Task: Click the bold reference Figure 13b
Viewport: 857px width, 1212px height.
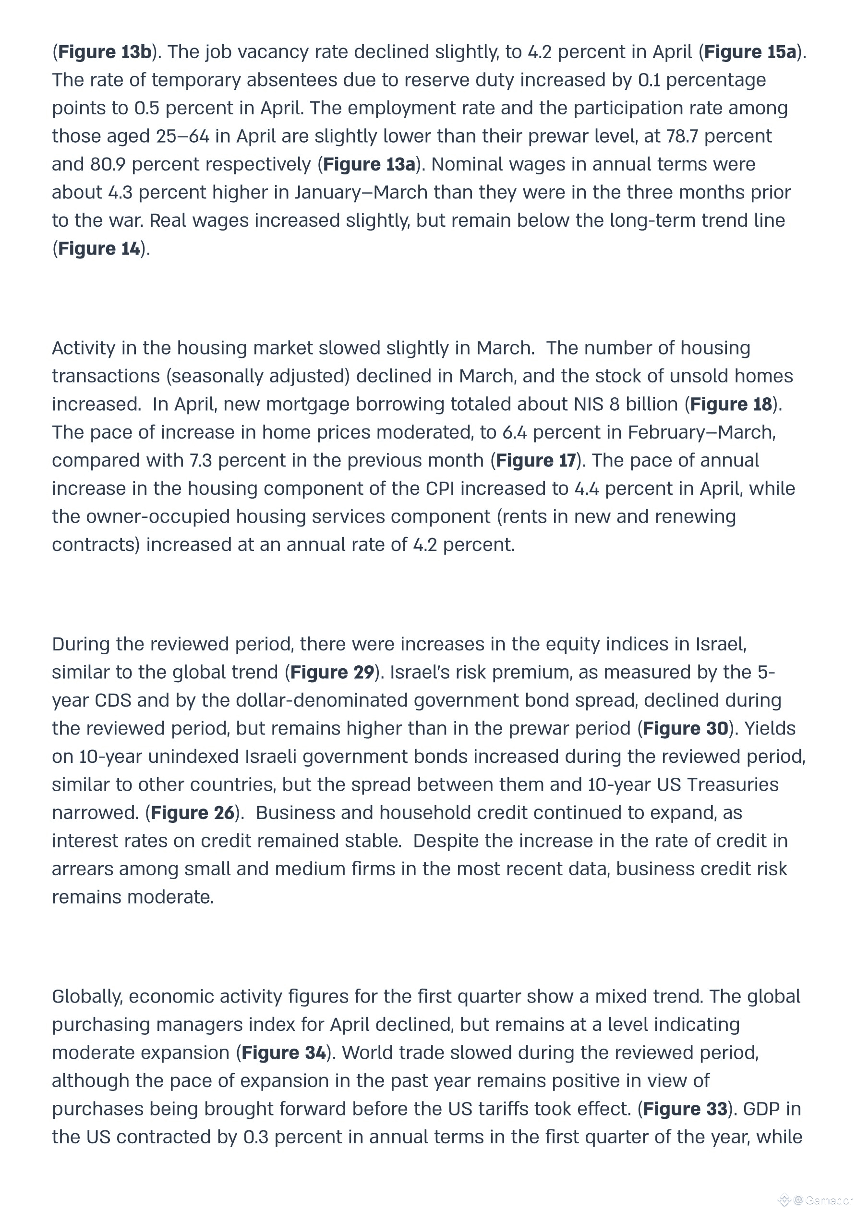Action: point(105,52)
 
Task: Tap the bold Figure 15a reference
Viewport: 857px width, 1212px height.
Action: point(750,52)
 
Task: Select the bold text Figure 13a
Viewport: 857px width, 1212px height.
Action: point(369,164)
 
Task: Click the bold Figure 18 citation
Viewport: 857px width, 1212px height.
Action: point(731,404)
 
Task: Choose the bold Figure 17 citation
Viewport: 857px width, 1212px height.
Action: point(536,460)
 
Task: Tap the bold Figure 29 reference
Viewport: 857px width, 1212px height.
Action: point(332,673)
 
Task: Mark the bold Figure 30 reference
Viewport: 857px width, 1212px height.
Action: point(685,728)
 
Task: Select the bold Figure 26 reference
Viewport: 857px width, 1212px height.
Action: point(193,813)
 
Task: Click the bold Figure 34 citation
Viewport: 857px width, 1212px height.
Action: point(284,1053)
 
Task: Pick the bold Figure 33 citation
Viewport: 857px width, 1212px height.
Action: point(685,1109)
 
